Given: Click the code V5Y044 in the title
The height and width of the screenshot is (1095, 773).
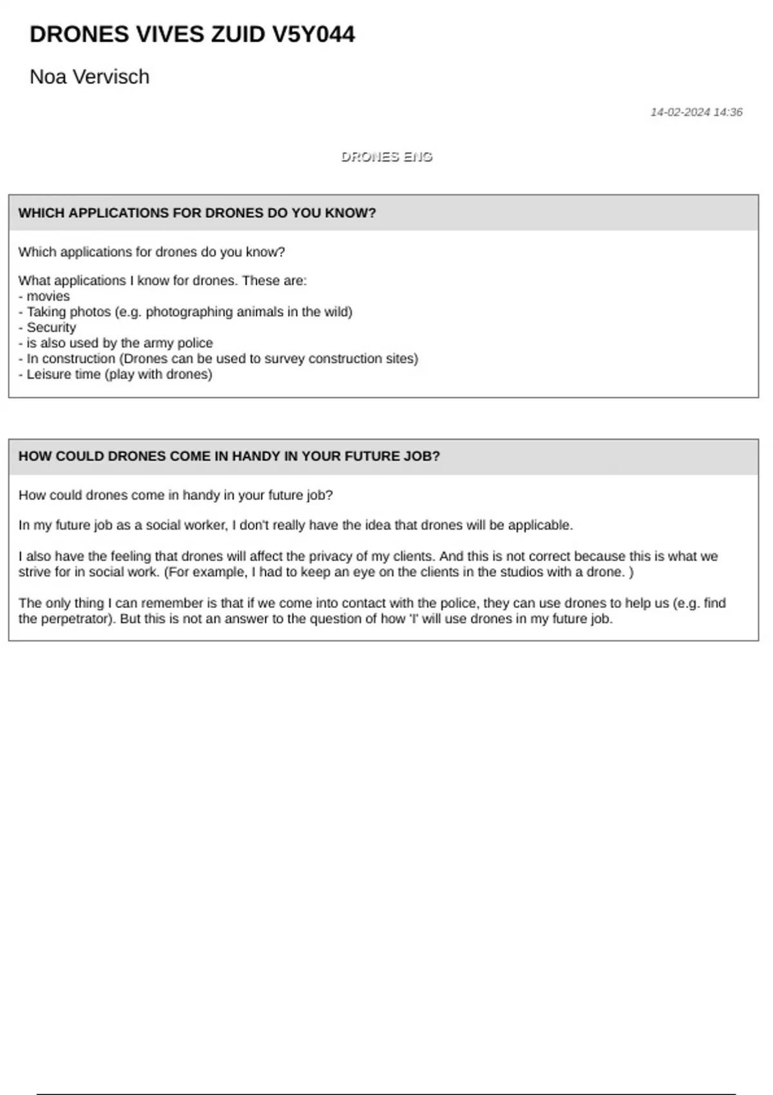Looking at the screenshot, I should [x=313, y=34].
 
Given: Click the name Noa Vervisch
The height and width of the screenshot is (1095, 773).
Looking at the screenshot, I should [x=90, y=77].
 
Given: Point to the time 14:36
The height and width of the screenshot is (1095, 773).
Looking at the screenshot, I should [x=728, y=112].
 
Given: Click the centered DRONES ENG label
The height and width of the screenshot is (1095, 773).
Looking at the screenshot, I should [x=386, y=157].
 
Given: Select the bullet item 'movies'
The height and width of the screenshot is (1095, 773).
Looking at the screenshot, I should [x=48, y=296].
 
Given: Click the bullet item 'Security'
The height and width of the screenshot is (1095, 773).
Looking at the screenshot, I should [x=51, y=327].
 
